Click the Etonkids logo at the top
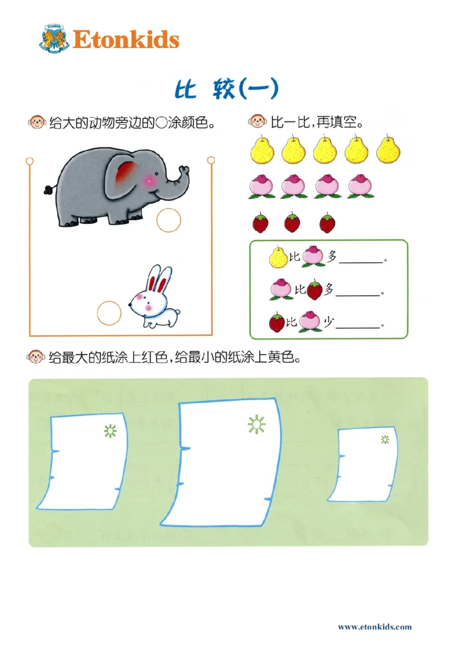109,39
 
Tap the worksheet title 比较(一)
226,89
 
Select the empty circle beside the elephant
169,220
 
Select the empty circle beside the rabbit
109,313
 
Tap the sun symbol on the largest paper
257,424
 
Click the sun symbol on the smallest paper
385,439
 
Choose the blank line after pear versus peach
361,262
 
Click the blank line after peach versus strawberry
358,295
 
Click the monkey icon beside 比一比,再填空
257,121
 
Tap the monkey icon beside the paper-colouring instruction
36,358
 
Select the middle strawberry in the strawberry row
292,222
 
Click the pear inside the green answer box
278,257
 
